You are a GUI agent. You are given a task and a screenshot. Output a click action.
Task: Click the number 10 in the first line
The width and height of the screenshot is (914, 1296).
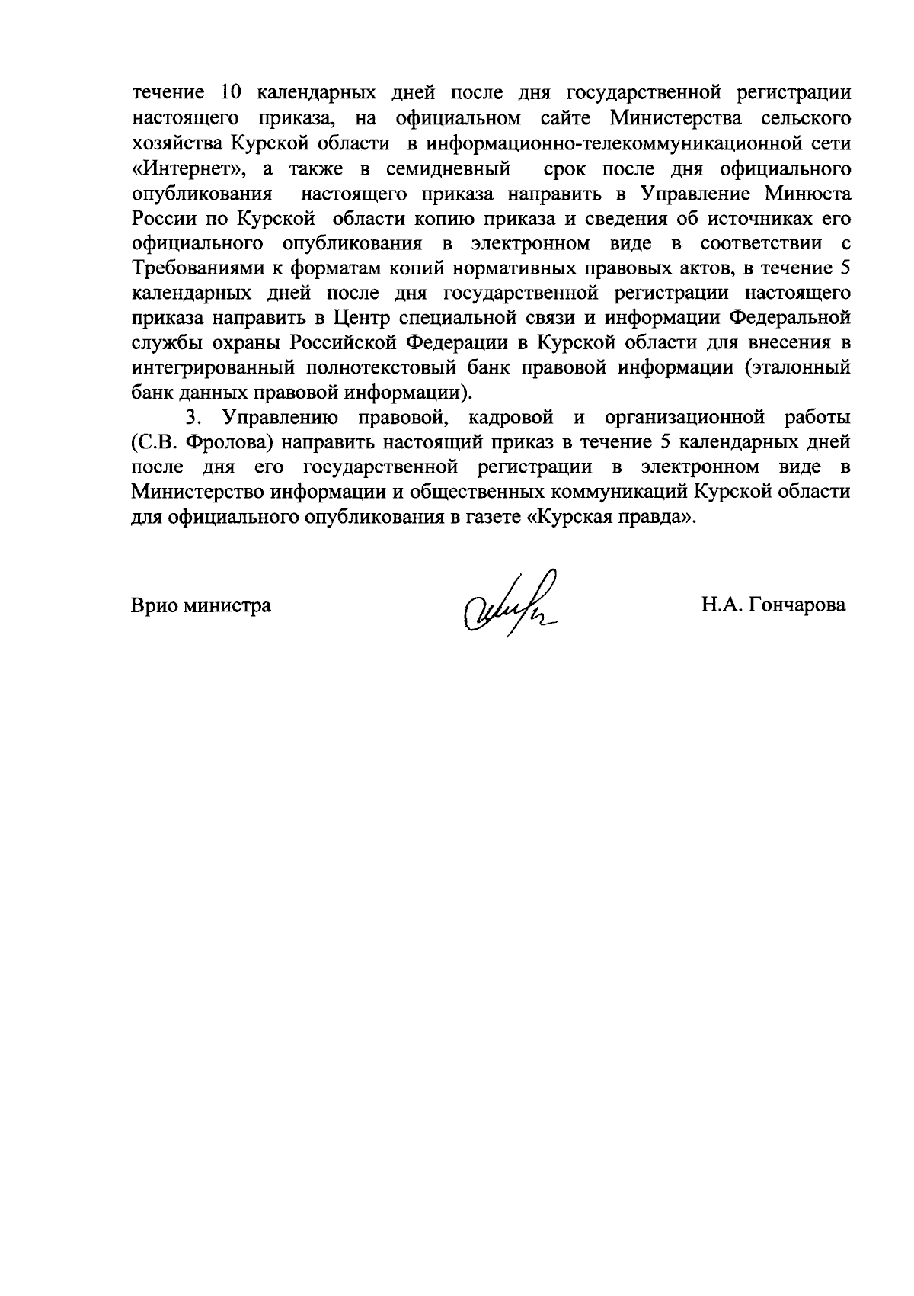click(x=230, y=93)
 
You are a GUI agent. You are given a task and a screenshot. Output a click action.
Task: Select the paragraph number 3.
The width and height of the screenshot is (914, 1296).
click(x=192, y=418)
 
